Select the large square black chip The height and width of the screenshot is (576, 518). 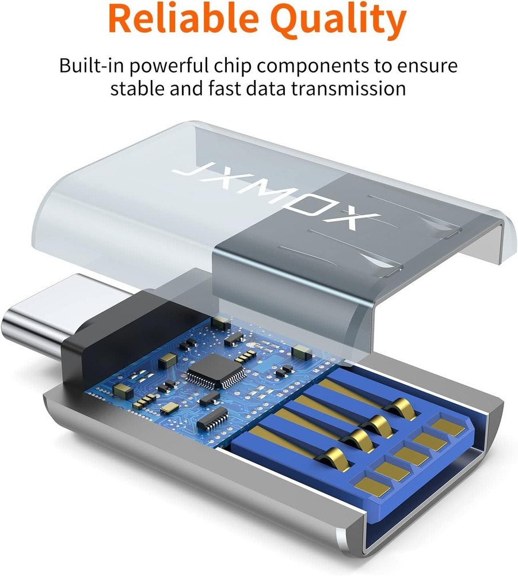216,369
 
